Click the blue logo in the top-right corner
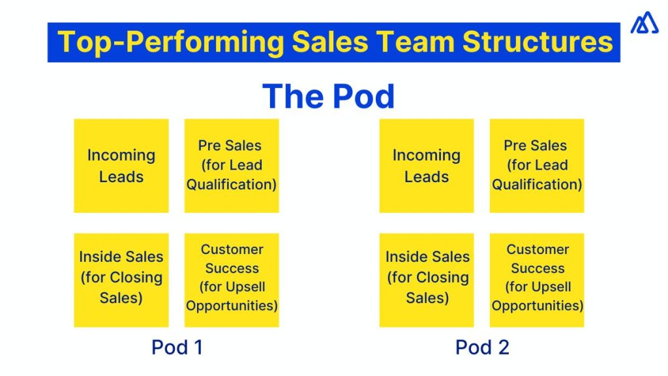click(x=645, y=23)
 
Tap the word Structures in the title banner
click(x=538, y=42)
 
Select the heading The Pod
click(x=329, y=97)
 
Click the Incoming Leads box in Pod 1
click(x=121, y=166)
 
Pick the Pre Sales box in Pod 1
click(x=232, y=166)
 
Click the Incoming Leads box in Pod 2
click(x=427, y=166)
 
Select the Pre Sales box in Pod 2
click(x=537, y=166)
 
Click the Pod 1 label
click(x=177, y=347)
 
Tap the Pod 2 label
click(x=482, y=347)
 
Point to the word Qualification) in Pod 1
click(x=232, y=185)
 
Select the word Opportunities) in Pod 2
click(x=538, y=305)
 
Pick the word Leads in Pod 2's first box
click(x=427, y=177)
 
